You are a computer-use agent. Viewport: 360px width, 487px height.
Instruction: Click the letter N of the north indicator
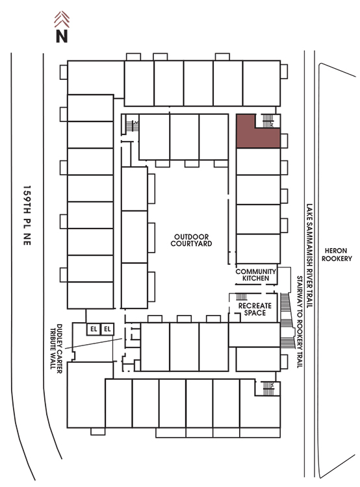tap(62, 36)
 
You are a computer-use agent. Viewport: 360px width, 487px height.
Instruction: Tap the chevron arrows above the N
tap(62, 19)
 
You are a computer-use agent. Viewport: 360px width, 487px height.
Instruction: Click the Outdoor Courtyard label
tap(191, 240)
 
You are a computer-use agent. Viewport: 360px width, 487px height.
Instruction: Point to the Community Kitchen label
tap(255, 275)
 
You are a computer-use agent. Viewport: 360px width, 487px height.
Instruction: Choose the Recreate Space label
tap(255, 309)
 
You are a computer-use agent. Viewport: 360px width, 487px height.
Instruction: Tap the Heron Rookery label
tap(337, 255)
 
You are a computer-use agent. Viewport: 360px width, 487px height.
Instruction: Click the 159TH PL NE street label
tap(27, 216)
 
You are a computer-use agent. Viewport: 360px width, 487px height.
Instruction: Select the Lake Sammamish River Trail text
tap(309, 256)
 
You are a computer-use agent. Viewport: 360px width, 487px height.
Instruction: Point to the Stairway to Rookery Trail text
tap(300, 322)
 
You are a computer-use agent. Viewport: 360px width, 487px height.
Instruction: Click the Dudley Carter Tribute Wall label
tap(56, 349)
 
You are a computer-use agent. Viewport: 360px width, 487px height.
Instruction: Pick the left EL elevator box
tap(94, 329)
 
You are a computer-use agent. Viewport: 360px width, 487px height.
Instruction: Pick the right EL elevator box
tap(107, 329)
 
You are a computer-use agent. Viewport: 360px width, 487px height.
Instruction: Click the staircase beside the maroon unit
tap(268, 121)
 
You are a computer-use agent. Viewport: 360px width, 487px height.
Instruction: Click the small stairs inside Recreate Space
tap(241, 297)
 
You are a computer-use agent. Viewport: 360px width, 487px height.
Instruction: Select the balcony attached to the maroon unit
tap(284, 141)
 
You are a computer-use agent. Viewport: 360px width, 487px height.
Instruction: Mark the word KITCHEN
tap(255, 279)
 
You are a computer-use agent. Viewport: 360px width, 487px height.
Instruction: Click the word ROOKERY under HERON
tap(337, 258)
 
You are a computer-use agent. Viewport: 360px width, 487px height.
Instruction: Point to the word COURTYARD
tap(191, 243)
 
